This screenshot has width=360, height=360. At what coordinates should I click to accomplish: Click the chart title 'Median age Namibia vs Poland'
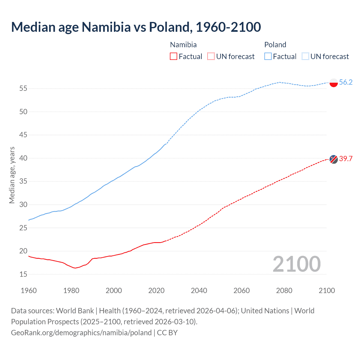coord(136,27)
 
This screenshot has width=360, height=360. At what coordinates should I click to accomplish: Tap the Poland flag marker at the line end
coord(334,83)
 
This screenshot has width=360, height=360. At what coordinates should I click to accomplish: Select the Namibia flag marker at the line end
coord(334,159)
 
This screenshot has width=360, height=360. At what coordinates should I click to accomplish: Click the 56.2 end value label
coord(346,82)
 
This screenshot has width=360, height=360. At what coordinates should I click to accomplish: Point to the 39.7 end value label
coord(346,159)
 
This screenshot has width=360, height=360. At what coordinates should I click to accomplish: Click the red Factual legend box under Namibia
coord(174,57)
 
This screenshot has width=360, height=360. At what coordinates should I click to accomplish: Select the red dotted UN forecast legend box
coord(211,57)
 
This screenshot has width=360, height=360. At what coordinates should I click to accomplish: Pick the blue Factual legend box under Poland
coord(268,57)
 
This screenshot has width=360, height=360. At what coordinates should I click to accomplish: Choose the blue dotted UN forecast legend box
coord(305,57)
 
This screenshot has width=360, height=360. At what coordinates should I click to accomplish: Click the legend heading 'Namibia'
coord(183,45)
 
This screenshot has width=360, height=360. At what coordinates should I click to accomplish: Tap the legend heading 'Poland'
coord(275,45)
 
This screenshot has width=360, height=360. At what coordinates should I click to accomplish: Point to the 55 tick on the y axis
coord(23,89)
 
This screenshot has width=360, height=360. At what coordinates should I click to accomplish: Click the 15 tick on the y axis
coord(23,274)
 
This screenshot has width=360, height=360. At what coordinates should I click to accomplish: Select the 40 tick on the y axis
coord(23,158)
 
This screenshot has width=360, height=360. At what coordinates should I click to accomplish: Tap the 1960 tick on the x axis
coord(29,291)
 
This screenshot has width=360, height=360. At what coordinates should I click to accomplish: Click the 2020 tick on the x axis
coord(156,291)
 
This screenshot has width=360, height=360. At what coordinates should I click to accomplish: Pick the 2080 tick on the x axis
coord(284,291)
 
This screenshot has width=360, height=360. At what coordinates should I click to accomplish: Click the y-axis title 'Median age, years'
coord(12,175)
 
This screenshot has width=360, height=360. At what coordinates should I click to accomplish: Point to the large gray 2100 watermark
coord(296,264)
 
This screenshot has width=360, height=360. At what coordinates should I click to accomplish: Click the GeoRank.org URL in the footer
coord(81,333)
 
